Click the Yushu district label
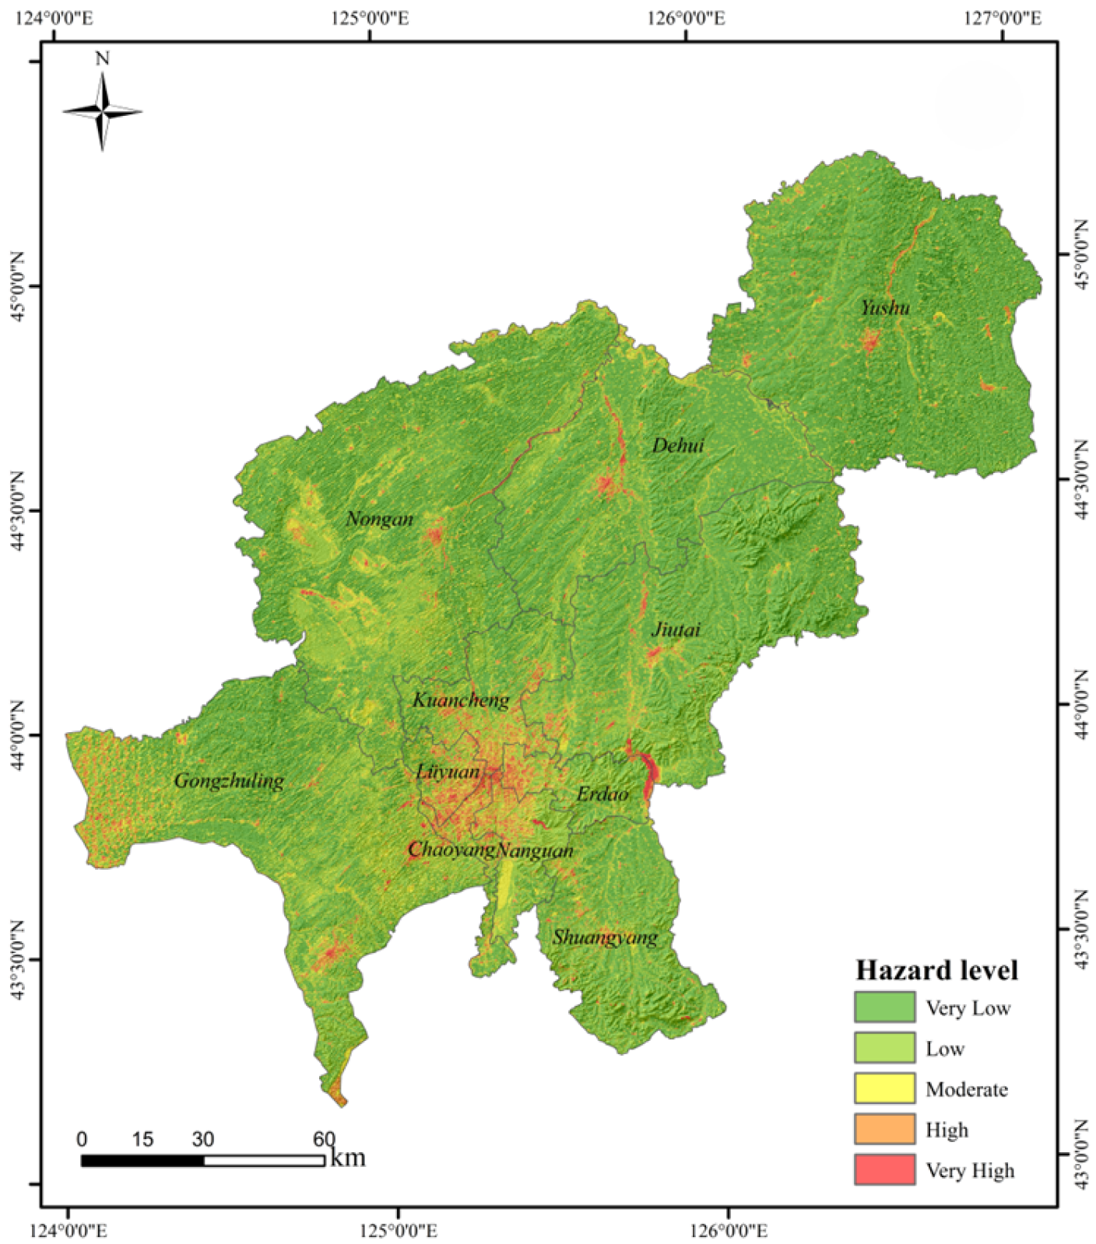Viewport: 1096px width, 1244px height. point(885,308)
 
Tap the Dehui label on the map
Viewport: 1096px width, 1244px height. point(678,445)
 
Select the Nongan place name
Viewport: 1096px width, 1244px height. point(380,519)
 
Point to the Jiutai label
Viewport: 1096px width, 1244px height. point(676,629)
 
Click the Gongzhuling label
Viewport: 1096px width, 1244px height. point(229,780)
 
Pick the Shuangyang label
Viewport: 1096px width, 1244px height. point(605,937)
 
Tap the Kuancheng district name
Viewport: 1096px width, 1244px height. point(461,700)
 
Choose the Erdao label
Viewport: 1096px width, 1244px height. point(602,794)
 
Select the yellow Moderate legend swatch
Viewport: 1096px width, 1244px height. point(884,1088)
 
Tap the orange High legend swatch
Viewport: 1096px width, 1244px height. point(884,1129)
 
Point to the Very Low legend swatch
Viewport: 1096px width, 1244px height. point(884,1007)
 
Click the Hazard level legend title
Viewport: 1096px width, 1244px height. point(936,970)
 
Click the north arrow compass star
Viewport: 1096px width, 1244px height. point(102,112)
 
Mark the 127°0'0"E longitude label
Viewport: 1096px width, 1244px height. point(1003,17)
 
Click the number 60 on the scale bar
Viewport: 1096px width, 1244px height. point(324,1140)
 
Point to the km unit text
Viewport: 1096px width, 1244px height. point(347,1158)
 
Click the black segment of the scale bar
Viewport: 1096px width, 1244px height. point(142,1161)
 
